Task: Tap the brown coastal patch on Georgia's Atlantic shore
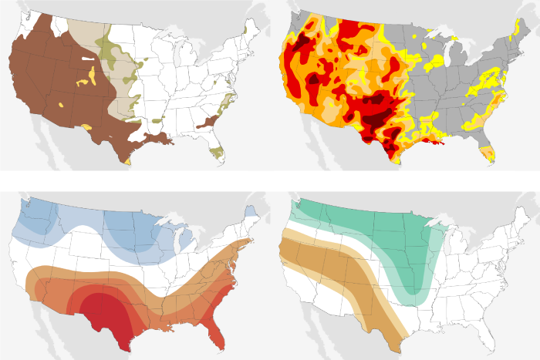[208, 122]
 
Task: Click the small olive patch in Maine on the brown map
[245, 29]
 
